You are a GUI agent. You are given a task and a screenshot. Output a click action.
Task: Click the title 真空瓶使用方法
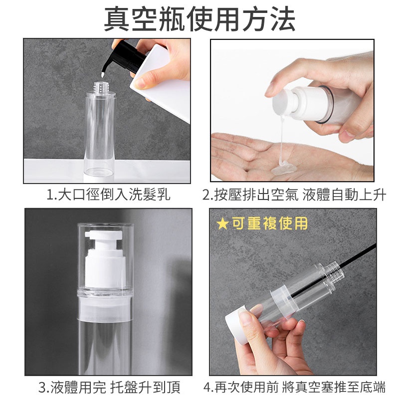[199, 19]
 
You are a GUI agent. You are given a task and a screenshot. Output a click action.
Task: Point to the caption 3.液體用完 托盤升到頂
[109, 388]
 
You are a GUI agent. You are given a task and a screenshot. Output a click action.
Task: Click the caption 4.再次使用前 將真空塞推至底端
[294, 388]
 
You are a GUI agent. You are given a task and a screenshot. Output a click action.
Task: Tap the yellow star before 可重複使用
[222, 223]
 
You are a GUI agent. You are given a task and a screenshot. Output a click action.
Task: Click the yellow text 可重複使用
[270, 223]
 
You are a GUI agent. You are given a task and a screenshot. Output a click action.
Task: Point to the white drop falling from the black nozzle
[103, 75]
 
